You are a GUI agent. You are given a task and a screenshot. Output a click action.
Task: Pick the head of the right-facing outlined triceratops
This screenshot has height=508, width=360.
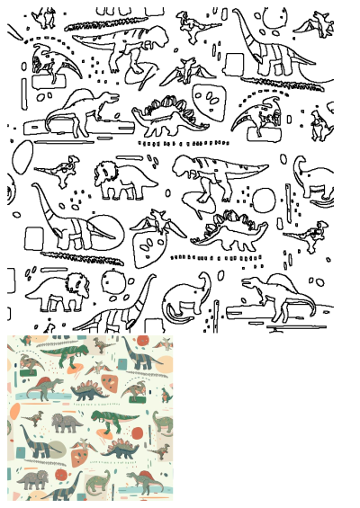78,290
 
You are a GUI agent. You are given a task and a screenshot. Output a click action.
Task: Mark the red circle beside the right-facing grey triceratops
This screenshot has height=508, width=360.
61,474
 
